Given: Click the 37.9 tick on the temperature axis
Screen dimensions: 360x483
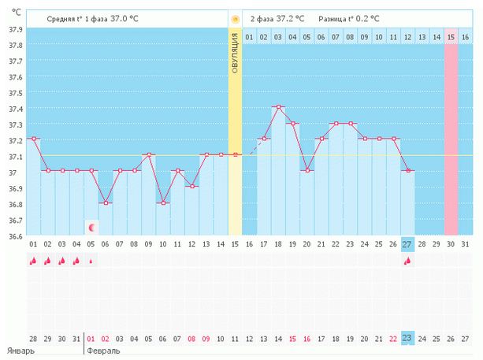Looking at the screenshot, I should (x=13, y=29).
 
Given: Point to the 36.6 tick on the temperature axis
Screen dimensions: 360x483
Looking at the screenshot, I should (x=13, y=236).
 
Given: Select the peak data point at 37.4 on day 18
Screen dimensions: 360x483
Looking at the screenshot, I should (x=278, y=106).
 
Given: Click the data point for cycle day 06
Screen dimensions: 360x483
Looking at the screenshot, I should (x=105, y=202).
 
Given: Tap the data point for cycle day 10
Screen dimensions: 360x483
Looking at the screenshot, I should (x=162, y=202).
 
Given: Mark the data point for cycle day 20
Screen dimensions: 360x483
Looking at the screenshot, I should (x=307, y=170).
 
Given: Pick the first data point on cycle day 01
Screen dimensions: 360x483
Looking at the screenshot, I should (x=33, y=139).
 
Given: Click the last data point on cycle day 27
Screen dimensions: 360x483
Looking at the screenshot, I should (x=408, y=170).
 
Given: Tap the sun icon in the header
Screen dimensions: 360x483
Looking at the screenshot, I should (x=235, y=17).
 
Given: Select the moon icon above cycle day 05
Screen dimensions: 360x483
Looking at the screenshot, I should (x=91, y=228).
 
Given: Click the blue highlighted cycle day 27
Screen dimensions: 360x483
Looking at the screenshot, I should (x=407, y=244).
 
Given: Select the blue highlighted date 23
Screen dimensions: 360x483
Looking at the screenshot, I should (x=407, y=338).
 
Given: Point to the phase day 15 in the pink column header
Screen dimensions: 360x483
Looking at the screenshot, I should (x=451, y=36).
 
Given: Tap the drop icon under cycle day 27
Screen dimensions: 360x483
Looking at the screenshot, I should (x=407, y=261).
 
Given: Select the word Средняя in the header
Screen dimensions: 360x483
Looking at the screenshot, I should (x=62, y=17).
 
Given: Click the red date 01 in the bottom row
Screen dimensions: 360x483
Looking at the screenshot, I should (x=91, y=338).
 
